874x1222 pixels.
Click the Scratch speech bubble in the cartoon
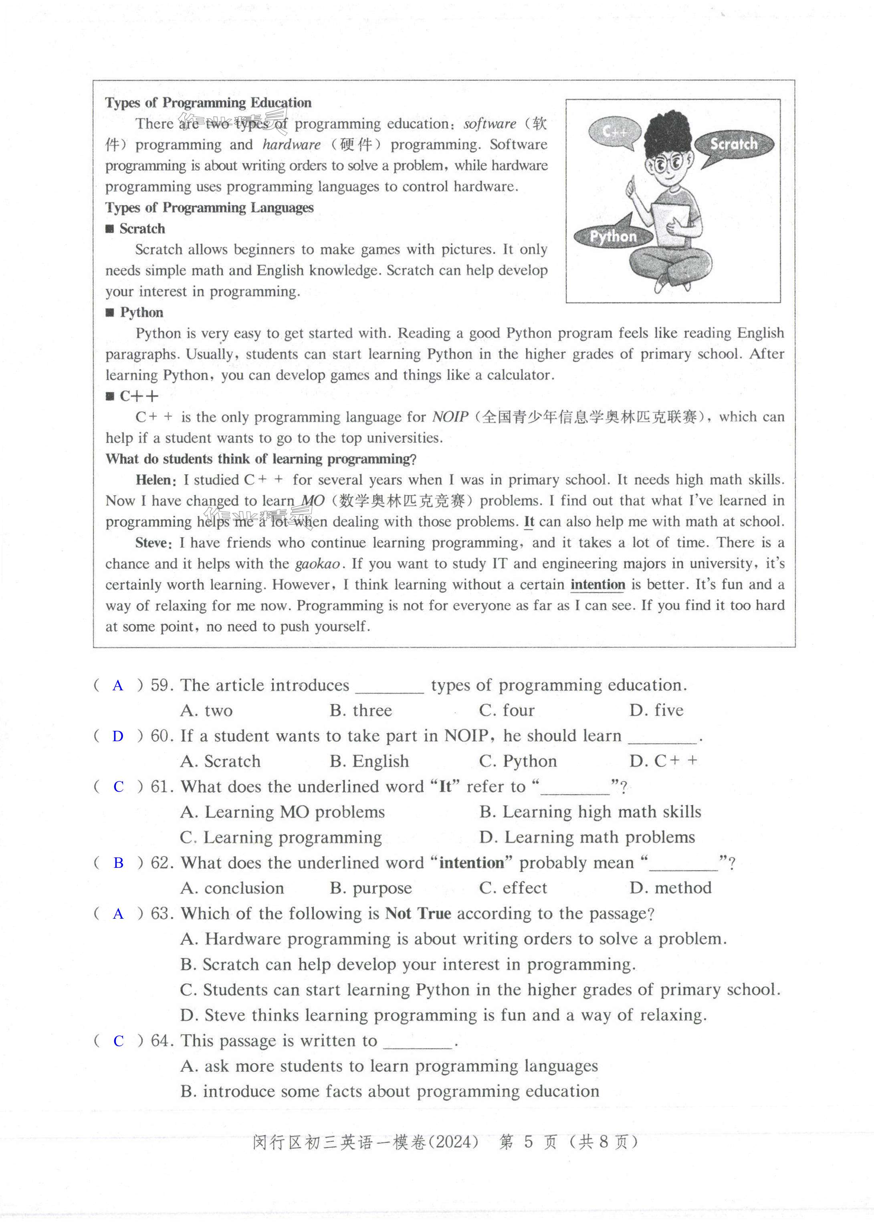(x=733, y=144)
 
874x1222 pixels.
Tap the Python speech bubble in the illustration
(x=613, y=236)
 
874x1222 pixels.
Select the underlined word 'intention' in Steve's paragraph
(x=597, y=585)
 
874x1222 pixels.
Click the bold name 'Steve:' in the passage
(x=154, y=543)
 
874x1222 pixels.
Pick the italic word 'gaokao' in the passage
(x=317, y=564)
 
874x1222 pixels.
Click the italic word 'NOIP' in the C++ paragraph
(x=450, y=417)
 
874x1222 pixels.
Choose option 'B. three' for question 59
(x=361, y=710)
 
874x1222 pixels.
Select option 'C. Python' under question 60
(x=518, y=761)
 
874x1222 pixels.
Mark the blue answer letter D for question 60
(x=118, y=736)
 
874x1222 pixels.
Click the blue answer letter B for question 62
(x=118, y=863)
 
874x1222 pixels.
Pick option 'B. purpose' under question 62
(x=371, y=888)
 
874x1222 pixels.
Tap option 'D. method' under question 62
(x=670, y=888)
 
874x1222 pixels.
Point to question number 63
(x=161, y=913)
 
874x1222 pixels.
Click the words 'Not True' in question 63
(x=418, y=913)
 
